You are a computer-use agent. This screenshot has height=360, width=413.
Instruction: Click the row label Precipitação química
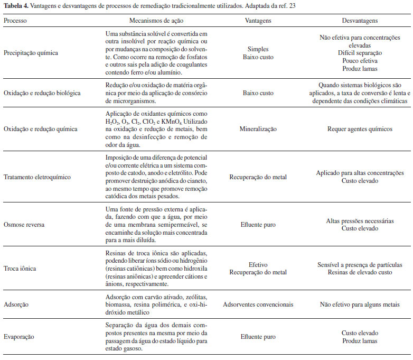31,53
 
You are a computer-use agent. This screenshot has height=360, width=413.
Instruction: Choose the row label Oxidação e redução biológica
42,93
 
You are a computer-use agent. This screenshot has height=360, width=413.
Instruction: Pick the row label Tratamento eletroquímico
37,177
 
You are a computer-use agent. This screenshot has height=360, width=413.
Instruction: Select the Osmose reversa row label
25,224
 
